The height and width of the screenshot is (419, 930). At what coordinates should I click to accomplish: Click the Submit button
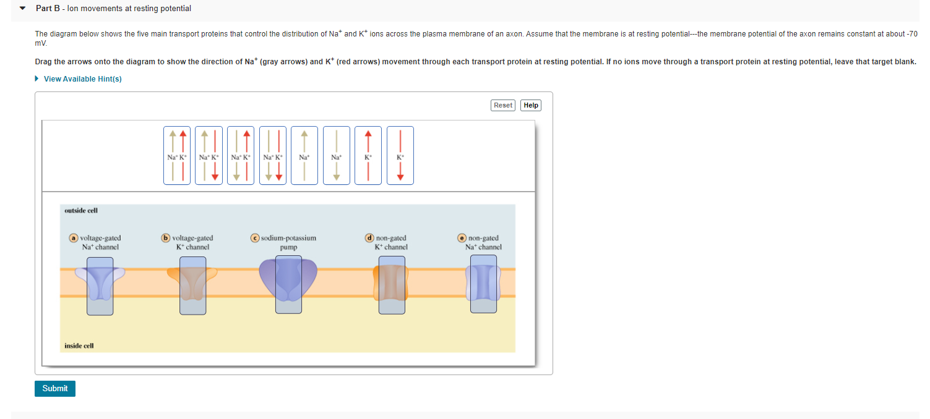pos(55,389)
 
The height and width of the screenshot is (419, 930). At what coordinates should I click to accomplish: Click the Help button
pos(531,105)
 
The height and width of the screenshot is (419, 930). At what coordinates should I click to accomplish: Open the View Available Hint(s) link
pos(82,79)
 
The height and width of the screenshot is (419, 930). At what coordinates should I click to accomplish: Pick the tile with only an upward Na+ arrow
pos(304,155)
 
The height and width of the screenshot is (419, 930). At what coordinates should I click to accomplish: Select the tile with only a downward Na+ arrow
pos(336,155)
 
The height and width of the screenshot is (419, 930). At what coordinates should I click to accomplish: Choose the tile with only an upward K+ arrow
pos(368,155)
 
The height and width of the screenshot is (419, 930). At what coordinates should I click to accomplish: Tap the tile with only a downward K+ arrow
pos(400,155)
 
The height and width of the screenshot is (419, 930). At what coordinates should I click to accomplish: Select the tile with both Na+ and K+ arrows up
pos(177,155)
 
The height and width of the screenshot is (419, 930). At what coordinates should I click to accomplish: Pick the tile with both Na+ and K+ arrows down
pos(272,155)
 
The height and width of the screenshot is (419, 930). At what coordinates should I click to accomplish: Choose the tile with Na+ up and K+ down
pos(209,155)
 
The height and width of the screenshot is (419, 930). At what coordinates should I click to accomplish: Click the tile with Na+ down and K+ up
pos(241,155)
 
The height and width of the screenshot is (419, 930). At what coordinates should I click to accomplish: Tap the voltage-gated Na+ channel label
pos(100,242)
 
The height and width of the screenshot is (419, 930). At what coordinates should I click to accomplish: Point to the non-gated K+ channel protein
pos(392,284)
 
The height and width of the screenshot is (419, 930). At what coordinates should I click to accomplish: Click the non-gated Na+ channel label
pos(483,242)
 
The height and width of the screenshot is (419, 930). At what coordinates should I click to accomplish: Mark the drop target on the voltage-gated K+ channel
pos(192,286)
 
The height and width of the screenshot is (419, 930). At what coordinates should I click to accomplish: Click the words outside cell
pos(81,211)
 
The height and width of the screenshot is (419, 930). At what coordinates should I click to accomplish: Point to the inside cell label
pos(79,346)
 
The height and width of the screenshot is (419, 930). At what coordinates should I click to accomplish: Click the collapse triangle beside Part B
pos(23,9)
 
